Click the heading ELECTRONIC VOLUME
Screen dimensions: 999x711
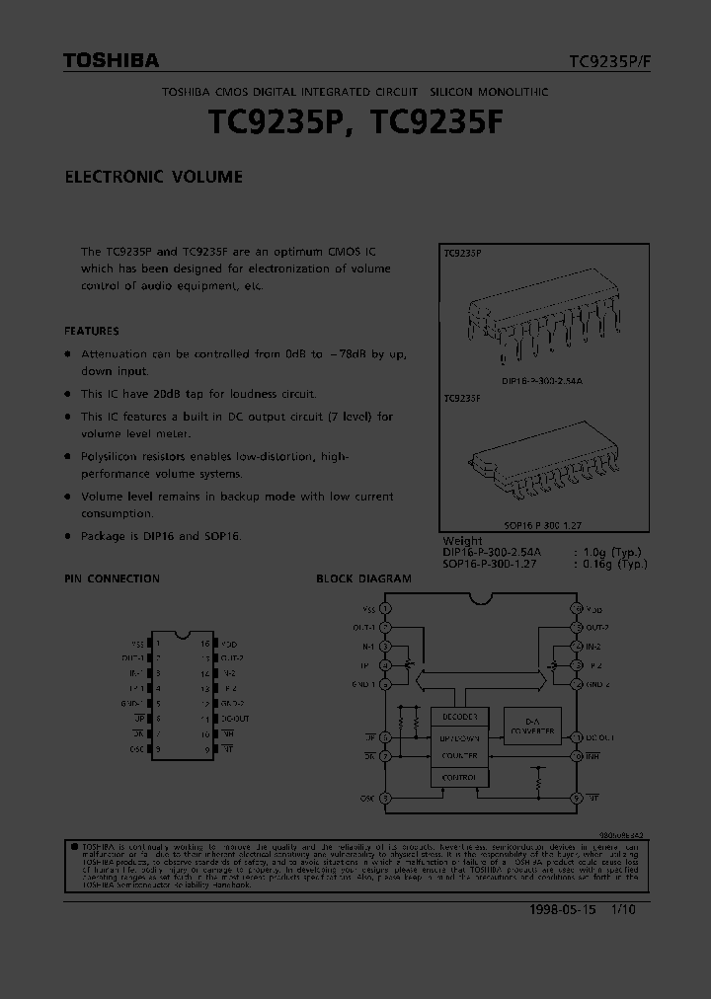[x=153, y=178]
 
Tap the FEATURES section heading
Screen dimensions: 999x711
[x=91, y=331]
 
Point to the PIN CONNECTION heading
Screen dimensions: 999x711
[x=112, y=578]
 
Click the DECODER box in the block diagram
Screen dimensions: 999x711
[x=459, y=716]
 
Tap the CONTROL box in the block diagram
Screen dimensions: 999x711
[x=459, y=778]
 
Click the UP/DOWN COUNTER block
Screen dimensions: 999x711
[x=459, y=746]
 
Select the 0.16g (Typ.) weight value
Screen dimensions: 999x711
[x=623, y=563]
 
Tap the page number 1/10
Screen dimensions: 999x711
[x=622, y=909]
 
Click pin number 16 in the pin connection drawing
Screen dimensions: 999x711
[x=204, y=643]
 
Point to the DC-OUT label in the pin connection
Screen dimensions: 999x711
[x=236, y=719]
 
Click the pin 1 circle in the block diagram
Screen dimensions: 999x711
[x=385, y=609]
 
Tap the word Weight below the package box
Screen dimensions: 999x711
[x=462, y=541]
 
